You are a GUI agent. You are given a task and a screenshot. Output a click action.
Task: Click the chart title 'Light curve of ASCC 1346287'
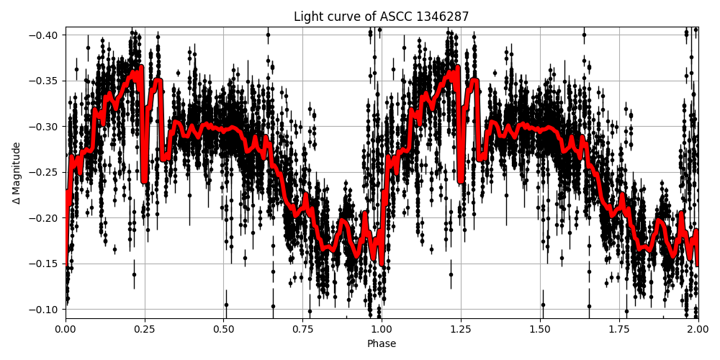[382, 17]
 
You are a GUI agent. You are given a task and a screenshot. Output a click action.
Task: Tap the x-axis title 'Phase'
[382, 344]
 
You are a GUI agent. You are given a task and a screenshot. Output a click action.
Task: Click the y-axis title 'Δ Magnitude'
[16, 173]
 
